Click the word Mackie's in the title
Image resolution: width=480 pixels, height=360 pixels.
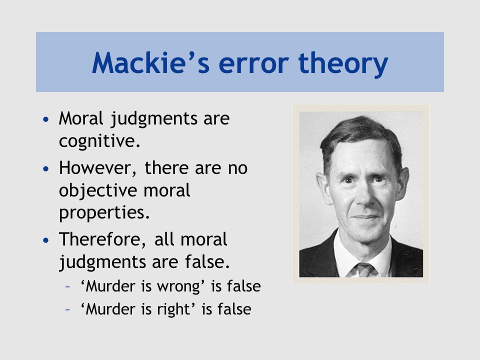150,63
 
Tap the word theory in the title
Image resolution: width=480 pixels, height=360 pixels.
343,63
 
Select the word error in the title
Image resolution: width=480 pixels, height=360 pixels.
254,65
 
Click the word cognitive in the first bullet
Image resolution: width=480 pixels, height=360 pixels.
100,141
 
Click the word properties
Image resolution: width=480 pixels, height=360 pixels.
104,213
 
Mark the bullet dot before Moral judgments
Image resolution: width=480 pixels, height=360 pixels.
46,119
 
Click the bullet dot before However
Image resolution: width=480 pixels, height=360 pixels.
46,168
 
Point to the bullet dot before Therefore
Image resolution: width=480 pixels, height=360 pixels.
46,240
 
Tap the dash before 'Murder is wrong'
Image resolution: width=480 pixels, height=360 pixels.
68,287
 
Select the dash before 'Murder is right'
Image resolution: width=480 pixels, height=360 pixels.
68,309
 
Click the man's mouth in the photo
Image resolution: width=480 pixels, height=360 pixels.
366,217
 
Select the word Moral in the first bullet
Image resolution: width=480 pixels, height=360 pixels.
81,118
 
